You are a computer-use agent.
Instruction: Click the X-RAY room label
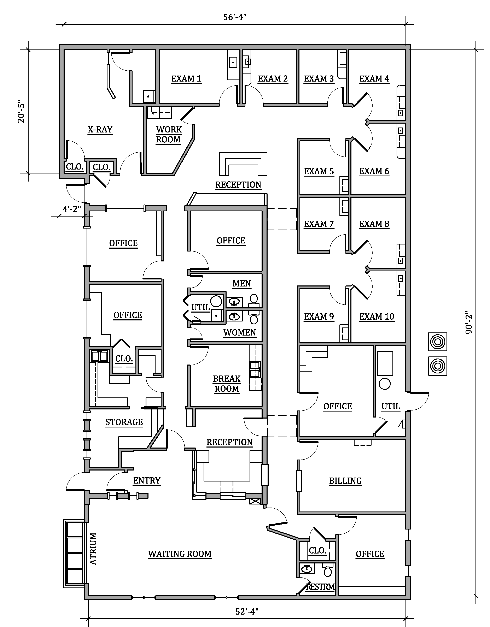tap(100, 130)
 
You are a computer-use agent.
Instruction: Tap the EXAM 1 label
tap(186, 79)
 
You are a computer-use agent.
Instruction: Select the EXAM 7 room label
tap(319, 224)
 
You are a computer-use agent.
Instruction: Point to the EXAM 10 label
tap(377, 317)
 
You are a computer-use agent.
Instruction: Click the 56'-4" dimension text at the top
tap(235, 17)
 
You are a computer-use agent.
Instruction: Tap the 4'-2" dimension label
tap(72, 209)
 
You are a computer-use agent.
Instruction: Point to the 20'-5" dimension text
tap(22, 112)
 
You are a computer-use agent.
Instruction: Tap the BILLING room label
tap(345, 481)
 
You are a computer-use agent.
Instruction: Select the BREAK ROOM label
tap(227, 384)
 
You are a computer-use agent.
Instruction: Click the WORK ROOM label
tap(169, 135)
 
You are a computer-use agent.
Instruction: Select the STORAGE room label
tap(124, 422)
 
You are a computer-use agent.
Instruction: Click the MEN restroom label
tap(241, 284)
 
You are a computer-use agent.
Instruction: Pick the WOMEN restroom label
tap(240, 333)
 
